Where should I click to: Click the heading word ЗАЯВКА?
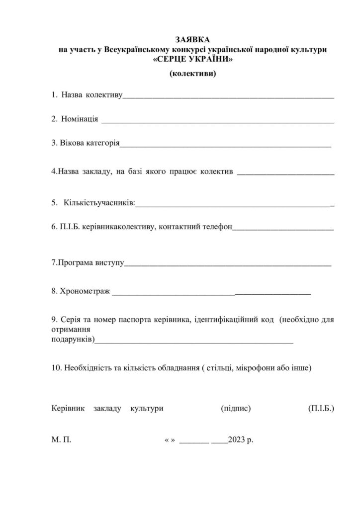pos(192,39)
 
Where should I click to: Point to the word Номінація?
pos(80,119)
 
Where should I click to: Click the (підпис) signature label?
pos(235,409)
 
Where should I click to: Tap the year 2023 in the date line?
pos(237,440)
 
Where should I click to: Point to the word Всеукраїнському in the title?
pos(129,49)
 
